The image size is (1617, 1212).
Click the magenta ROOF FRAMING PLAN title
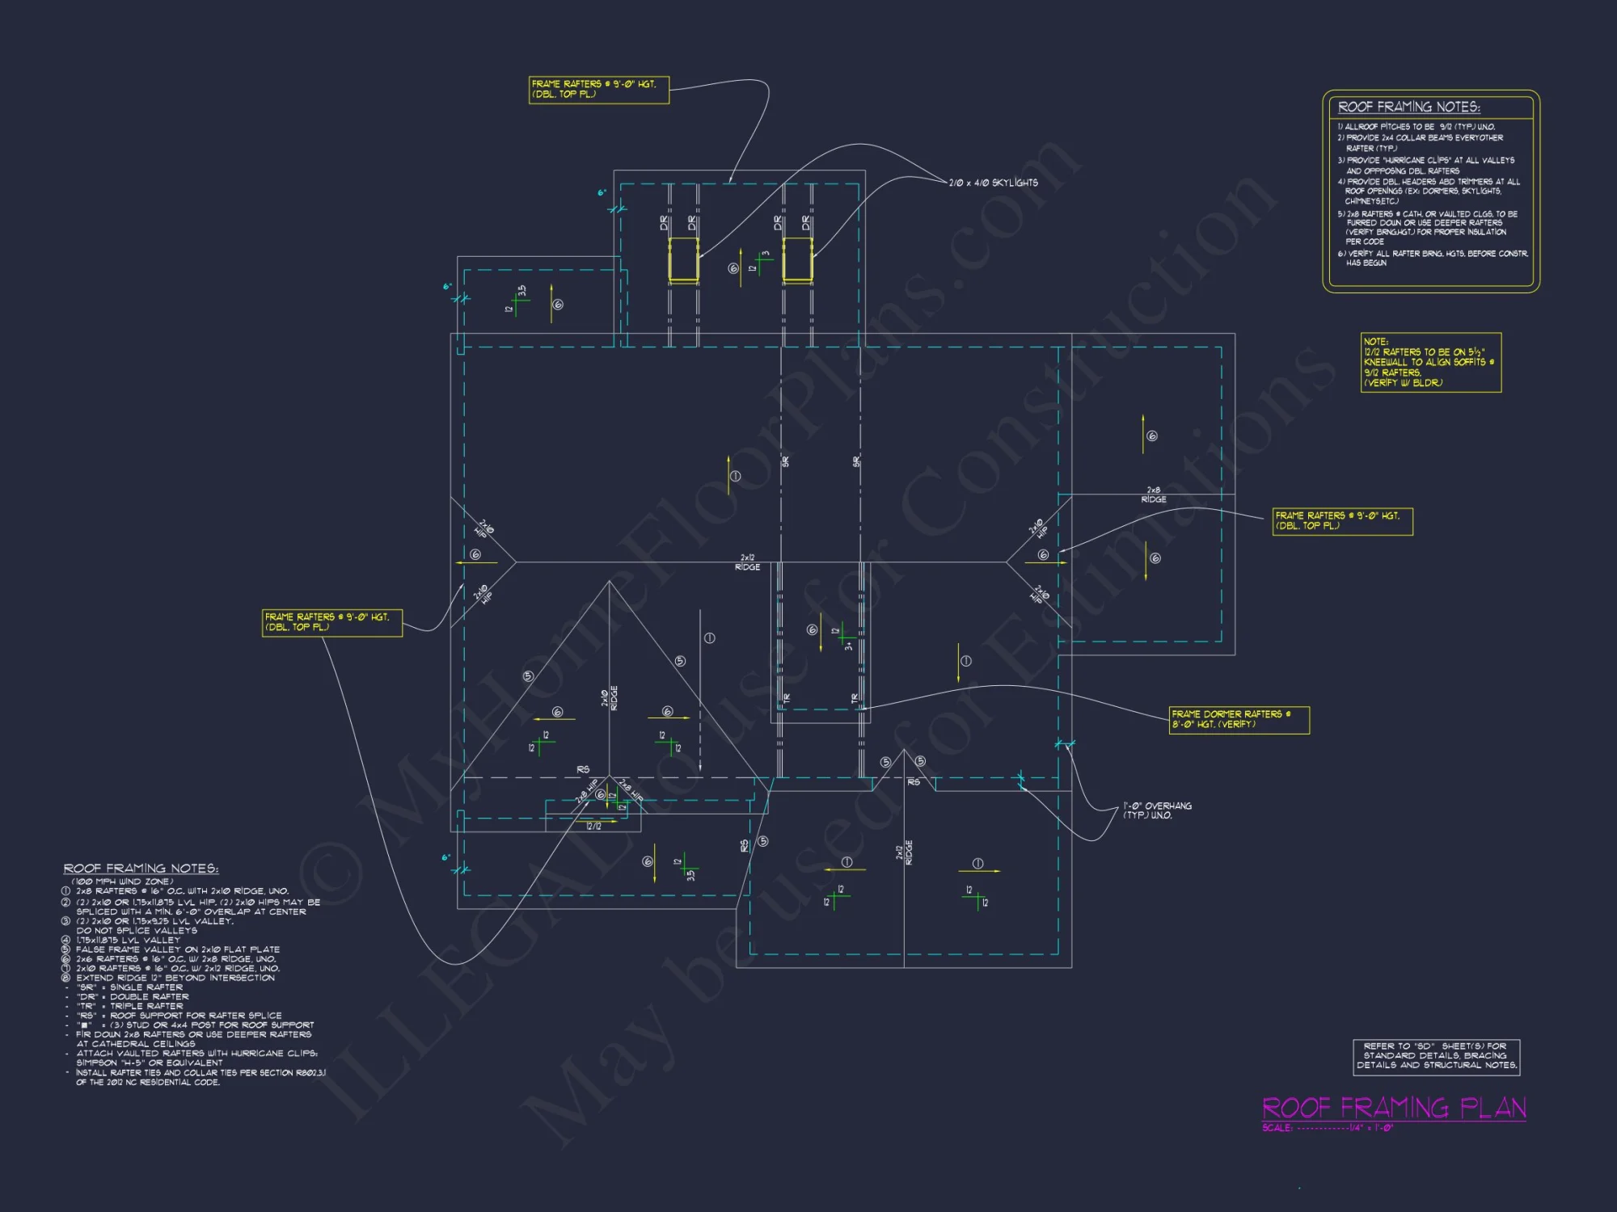pyautogui.click(x=1394, y=1107)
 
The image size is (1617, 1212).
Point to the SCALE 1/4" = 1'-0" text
pyautogui.click(x=1328, y=1128)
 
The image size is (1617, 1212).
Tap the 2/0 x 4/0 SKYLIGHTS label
pyautogui.click(x=993, y=183)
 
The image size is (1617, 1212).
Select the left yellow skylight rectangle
pyautogui.click(x=683, y=259)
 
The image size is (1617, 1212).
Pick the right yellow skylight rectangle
pyautogui.click(x=797, y=259)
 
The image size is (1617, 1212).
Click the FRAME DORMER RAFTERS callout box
pyautogui.click(x=1239, y=719)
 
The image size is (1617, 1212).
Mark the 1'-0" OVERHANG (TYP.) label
pyautogui.click(x=1157, y=810)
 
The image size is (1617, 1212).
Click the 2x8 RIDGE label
pyautogui.click(x=1154, y=494)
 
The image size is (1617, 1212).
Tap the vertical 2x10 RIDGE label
pyautogui.click(x=610, y=698)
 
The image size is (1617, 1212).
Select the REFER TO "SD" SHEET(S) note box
pyautogui.click(x=1437, y=1056)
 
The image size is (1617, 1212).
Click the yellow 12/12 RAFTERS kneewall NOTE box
pyautogui.click(x=1430, y=363)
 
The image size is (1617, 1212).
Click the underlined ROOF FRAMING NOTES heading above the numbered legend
pyautogui.click(x=141, y=869)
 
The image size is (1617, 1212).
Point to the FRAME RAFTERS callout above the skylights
pyautogui.click(x=599, y=90)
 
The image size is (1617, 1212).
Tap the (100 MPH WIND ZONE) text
pyautogui.click(x=122, y=882)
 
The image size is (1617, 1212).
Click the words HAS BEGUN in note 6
pyautogui.click(x=1366, y=263)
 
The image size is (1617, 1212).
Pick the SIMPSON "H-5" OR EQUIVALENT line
pyautogui.click(x=150, y=1063)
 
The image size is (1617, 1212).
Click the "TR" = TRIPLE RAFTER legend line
pyautogui.click(x=129, y=1006)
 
